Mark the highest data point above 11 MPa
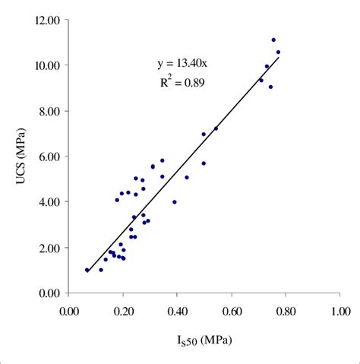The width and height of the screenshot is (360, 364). pyautogui.click(x=273, y=40)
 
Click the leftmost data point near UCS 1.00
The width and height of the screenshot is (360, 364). pyautogui.click(x=87, y=270)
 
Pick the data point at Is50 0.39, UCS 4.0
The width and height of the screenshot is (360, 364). pyautogui.click(x=175, y=202)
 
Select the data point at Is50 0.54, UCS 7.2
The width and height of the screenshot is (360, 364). pyautogui.click(x=216, y=128)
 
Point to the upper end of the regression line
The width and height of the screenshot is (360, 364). pyautogui.click(x=279, y=57)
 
